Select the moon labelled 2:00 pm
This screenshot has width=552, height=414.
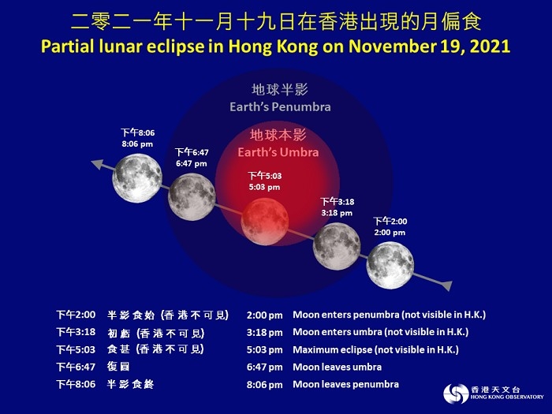390,266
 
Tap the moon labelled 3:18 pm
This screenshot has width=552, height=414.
337,246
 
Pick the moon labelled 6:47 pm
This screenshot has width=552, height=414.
192,196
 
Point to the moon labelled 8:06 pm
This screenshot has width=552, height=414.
136,178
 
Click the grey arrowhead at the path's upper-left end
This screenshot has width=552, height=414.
96,164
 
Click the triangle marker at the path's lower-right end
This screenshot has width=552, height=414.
446,285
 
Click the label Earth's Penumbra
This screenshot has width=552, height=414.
280,106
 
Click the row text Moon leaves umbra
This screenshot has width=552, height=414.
337,367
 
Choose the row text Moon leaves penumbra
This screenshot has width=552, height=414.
345,384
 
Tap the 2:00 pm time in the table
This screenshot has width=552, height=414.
264,315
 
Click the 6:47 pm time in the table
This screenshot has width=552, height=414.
264,367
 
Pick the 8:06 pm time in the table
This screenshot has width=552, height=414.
264,384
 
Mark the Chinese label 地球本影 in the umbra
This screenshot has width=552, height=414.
278,136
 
